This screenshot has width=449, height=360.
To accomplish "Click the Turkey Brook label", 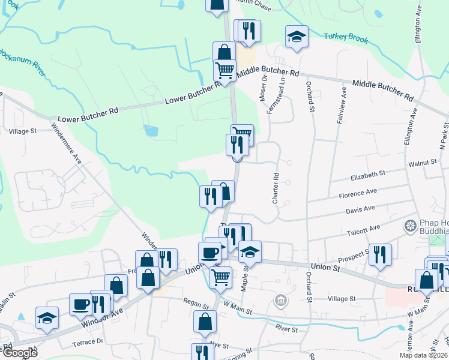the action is click(x=346, y=38).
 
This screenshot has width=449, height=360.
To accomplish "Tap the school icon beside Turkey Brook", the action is click(x=297, y=37).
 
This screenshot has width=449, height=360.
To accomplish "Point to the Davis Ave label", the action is click(x=360, y=209).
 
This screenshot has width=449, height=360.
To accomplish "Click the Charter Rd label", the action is click(x=276, y=188).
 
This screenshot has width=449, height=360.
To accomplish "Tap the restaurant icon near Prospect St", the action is click(x=380, y=254).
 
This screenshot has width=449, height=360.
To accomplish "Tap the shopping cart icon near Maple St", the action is click(x=220, y=277).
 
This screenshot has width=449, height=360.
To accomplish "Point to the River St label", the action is click(x=287, y=329).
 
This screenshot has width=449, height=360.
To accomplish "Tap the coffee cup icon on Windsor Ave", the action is click(x=80, y=304).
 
